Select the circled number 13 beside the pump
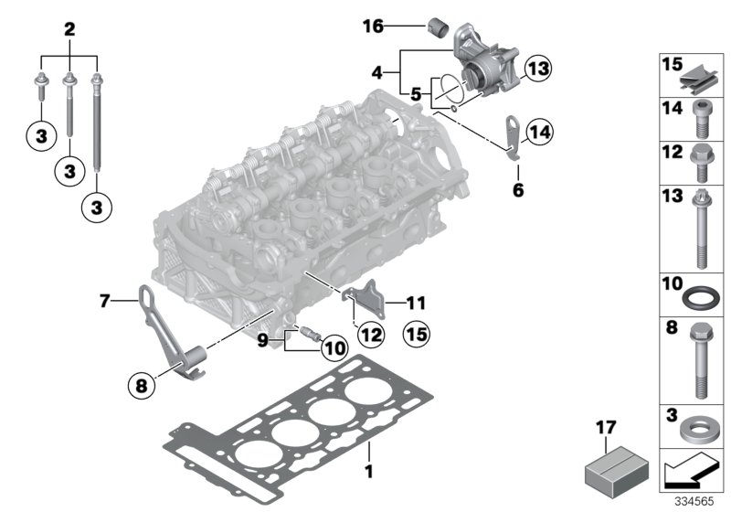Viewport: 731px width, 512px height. (x=539, y=68)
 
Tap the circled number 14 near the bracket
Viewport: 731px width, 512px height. (x=539, y=133)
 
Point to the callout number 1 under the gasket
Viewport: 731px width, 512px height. (x=369, y=472)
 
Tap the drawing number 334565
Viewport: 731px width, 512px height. (x=697, y=502)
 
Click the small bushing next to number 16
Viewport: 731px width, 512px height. (x=436, y=23)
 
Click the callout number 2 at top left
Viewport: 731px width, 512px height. (x=68, y=28)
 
